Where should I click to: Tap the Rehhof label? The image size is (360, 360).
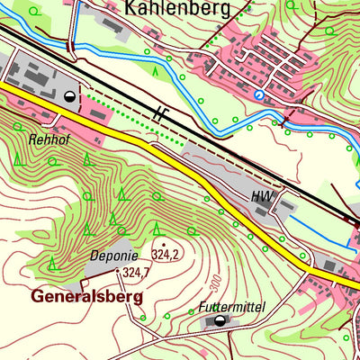tap(48, 139)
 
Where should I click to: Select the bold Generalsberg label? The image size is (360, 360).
tap(86, 294)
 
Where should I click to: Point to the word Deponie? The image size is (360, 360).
tap(114, 256)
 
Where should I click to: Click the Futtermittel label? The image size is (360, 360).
tap(231, 307)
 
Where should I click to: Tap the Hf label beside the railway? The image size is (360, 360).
tap(160, 113)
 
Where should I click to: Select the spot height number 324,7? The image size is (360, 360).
tap(136, 272)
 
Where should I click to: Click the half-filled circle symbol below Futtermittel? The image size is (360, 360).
tap(217, 320)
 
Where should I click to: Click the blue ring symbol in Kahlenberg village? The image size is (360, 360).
tap(259, 94)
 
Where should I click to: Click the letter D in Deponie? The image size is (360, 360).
tap(94, 256)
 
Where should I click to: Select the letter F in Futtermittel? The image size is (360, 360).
tap(203, 307)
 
